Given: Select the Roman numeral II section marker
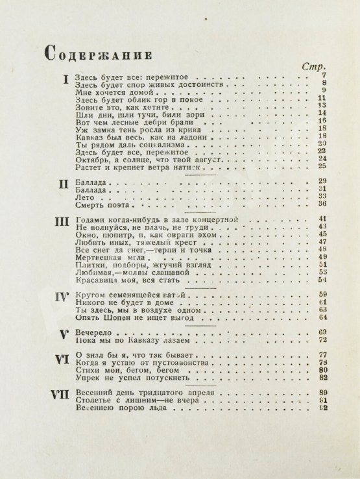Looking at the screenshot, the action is [x=63, y=184].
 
